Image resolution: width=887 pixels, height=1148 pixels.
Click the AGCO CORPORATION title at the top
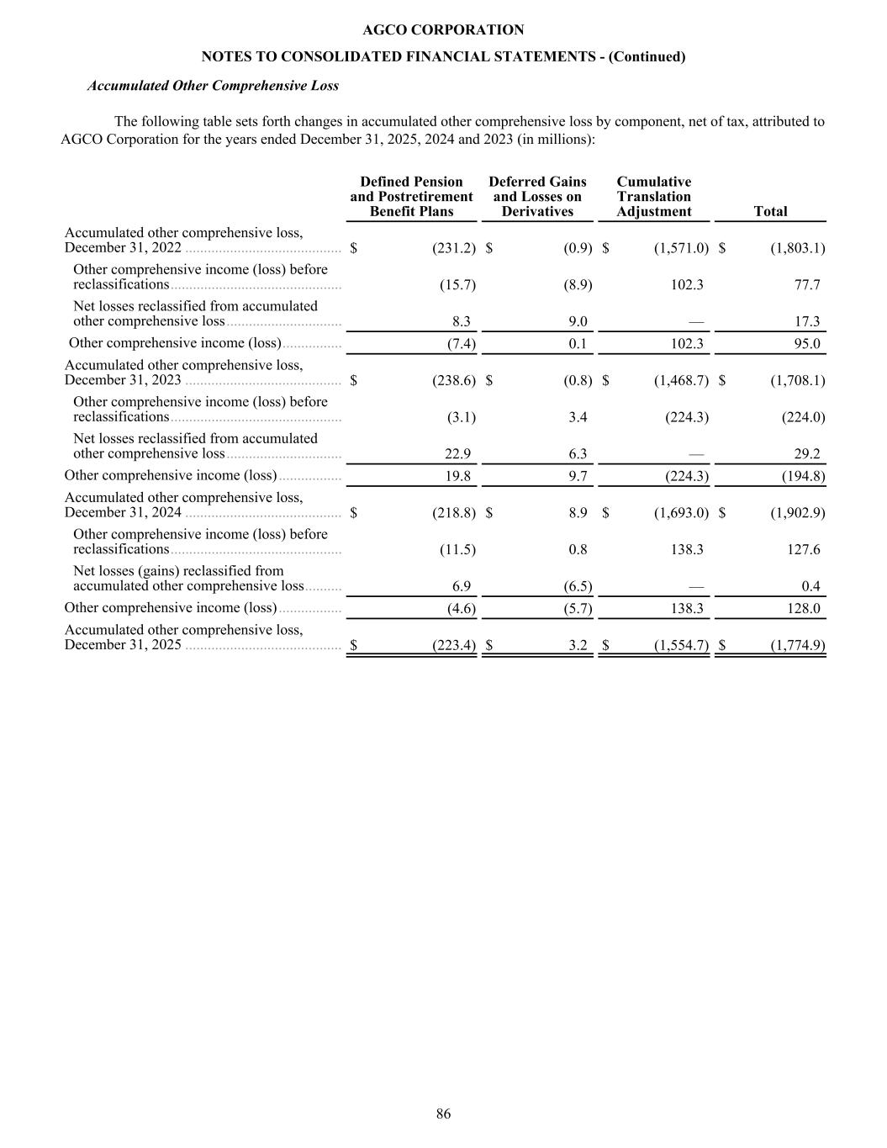coord(443,30)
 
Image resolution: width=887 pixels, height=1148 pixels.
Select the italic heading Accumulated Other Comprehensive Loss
coord(213,86)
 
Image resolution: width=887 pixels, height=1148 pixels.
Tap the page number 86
coord(443,1114)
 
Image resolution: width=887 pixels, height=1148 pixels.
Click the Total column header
coord(770,212)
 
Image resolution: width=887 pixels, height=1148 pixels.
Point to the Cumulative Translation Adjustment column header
coord(653,197)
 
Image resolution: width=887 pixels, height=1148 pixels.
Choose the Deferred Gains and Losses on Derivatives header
coord(537,197)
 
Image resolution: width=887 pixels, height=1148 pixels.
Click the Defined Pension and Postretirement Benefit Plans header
coord(411,197)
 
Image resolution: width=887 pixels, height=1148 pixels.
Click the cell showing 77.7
coord(806,285)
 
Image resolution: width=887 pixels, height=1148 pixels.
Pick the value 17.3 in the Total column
coord(806,321)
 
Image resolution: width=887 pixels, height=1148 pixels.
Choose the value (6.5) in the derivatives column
coord(578,586)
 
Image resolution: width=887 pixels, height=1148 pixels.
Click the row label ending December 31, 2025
coord(183,637)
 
